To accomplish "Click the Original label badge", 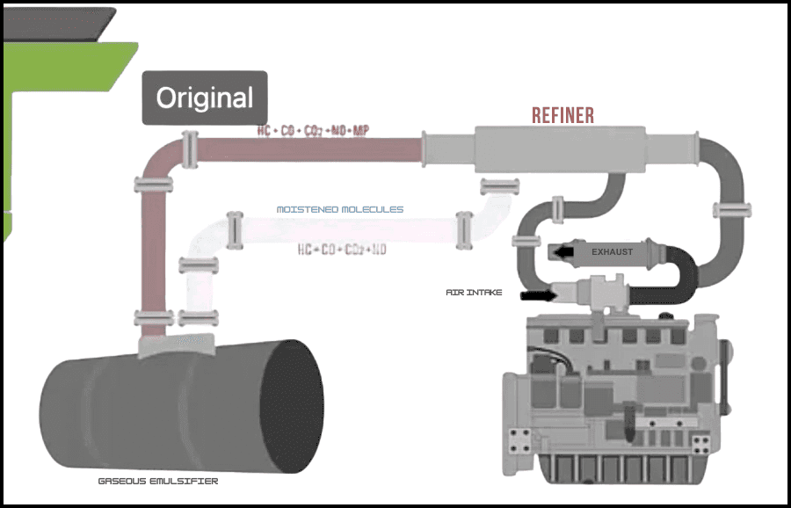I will click(205, 98).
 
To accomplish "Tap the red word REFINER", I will click(562, 115).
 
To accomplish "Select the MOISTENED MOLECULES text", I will click(340, 209).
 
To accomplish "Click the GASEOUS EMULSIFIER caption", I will click(158, 481).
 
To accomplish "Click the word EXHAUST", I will click(612, 252).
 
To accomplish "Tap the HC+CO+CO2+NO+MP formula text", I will click(313, 132).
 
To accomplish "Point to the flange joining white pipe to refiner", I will click(500, 185).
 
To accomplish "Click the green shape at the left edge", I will click(53, 105).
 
